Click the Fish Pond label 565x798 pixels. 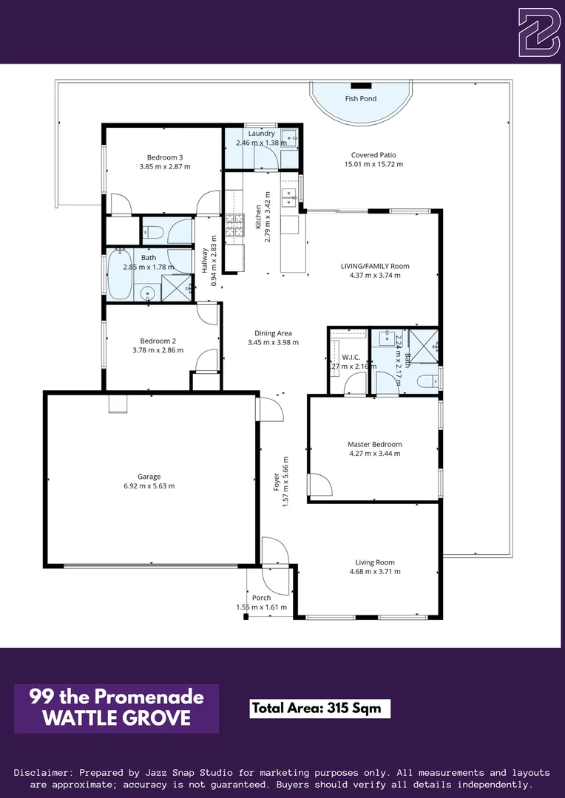coord(360,98)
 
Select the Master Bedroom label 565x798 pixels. coord(374,444)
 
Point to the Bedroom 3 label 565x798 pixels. coord(165,157)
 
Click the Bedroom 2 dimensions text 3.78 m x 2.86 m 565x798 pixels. coord(158,350)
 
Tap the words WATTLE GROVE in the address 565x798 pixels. coord(116,717)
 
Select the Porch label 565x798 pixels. coord(261,598)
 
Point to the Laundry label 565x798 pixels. coord(261,134)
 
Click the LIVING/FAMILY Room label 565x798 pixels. coord(374,266)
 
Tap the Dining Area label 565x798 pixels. coord(272,333)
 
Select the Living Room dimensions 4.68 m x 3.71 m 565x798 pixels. coord(374,571)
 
